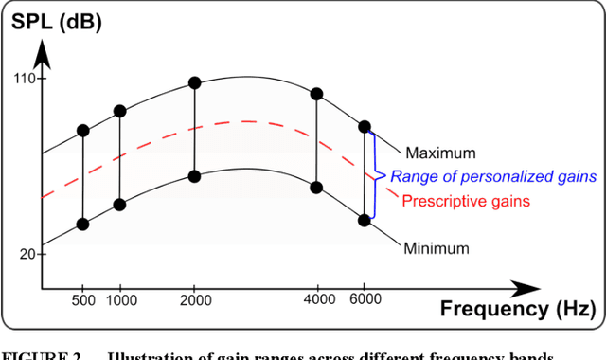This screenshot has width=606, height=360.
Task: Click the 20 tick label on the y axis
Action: [x=27, y=254]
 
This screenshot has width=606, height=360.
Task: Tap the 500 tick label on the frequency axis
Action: [x=83, y=299]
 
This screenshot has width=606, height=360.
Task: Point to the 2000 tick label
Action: [x=194, y=299]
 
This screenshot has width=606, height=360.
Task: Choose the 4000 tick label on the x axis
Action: [x=316, y=299]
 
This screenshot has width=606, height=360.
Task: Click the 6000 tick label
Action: [x=365, y=299]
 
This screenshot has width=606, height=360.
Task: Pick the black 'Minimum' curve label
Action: [x=437, y=249]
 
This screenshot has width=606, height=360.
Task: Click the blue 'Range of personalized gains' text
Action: [x=493, y=176]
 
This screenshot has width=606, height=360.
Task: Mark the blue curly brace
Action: [x=377, y=175]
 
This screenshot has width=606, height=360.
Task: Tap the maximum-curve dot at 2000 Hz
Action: [x=194, y=82]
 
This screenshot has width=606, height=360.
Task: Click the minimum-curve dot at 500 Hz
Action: [x=82, y=224]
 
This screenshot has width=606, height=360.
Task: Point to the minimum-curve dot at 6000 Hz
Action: [x=365, y=220]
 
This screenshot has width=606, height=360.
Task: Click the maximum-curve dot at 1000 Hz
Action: [x=119, y=111]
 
